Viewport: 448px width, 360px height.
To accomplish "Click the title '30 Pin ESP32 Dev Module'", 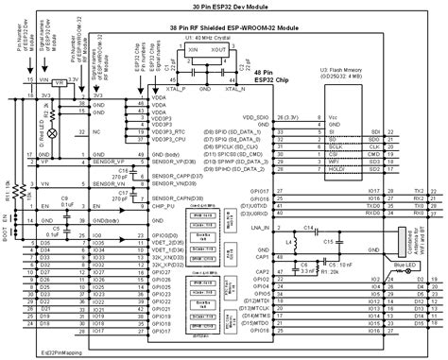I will [224, 5].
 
